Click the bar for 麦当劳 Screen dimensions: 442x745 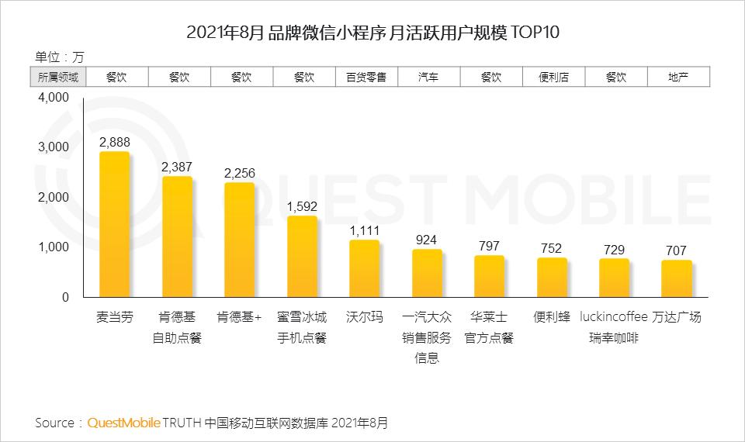[x=114, y=225]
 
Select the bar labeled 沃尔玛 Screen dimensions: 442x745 [x=364, y=269]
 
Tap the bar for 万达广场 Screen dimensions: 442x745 [x=677, y=279]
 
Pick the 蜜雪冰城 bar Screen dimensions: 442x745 [x=302, y=257]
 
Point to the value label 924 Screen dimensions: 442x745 [x=427, y=240]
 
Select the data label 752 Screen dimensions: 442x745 [x=552, y=248]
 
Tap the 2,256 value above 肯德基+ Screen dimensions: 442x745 [x=239, y=173]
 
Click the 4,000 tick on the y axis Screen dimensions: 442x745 [x=53, y=98]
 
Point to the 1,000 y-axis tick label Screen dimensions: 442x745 [x=53, y=247]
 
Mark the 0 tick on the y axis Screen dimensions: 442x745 [x=65, y=297]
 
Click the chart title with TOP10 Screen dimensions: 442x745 [x=372, y=33]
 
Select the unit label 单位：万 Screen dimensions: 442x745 [x=60, y=57]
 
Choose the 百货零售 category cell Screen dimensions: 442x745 [x=366, y=78]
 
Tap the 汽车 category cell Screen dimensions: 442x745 [x=428, y=78]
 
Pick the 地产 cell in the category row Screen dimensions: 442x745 [x=677, y=78]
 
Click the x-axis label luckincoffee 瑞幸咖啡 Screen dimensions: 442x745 [x=614, y=328]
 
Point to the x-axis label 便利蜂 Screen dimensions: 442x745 [x=552, y=318]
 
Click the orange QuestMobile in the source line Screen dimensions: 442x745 [x=123, y=423]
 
